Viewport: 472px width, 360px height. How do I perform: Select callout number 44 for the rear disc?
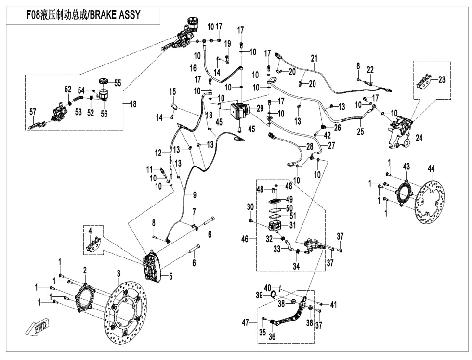(431, 168)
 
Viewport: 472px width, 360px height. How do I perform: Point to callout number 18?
(133, 103)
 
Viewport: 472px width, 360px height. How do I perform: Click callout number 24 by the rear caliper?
(420, 138)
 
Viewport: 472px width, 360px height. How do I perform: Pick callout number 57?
(33, 112)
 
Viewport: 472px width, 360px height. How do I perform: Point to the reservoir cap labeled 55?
(103, 81)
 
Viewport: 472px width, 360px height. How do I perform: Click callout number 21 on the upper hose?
(314, 59)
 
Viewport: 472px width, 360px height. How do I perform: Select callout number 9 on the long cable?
(194, 195)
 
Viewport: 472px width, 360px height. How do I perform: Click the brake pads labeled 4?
(94, 244)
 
